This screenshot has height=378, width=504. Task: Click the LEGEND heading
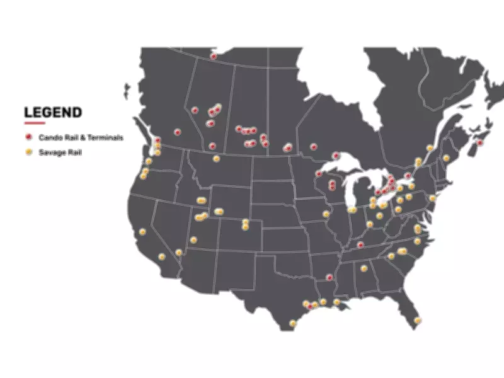53,113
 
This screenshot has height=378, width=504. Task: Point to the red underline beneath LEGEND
34,123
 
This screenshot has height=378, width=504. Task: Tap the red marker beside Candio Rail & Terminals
28,137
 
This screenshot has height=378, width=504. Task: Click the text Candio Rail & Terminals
81,137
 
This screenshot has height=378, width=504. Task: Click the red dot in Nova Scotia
479,143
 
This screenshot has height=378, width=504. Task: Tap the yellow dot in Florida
417,321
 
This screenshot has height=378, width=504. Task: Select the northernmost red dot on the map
214,57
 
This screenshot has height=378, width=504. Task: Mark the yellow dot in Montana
216,159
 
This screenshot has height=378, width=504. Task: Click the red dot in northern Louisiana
329,277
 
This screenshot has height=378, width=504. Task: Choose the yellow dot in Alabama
364,268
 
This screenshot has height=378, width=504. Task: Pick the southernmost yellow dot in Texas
293,323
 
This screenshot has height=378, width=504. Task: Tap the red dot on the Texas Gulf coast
309,306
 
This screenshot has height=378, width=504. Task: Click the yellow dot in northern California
142,231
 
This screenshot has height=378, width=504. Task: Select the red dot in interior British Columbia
178,132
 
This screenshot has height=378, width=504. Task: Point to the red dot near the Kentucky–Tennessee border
360,244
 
